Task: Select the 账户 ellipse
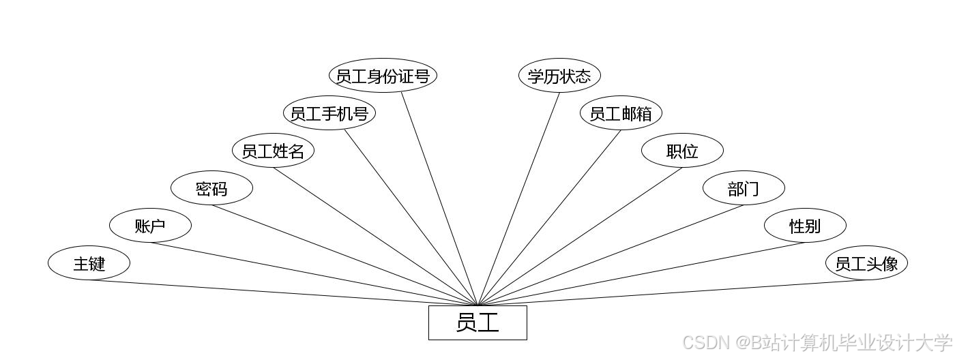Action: tap(150, 226)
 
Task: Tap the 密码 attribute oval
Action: tap(211, 188)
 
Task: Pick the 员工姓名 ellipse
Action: tap(273, 151)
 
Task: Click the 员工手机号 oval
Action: tap(329, 113)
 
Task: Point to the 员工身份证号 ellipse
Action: tap(383, 76)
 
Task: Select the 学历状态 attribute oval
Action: tap(559, 76)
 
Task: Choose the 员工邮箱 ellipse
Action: tap(621, 113)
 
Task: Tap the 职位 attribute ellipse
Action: tap(682, 151)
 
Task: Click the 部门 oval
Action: tap(744, 188)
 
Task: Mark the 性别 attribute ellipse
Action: tap(805, 226)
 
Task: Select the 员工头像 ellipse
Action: tap(866, 263)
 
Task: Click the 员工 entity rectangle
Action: tap(477, 322)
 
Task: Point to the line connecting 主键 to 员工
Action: tap(273, 292)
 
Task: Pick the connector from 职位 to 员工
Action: tap(580, 237)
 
